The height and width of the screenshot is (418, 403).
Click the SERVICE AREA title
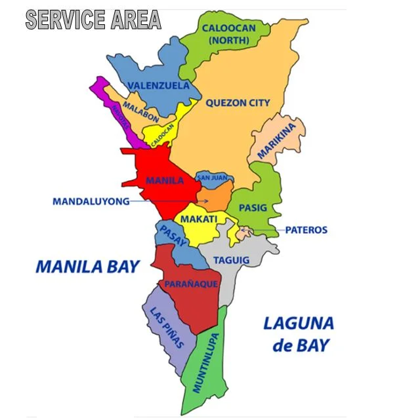pyautogui.click(x=93, y=20)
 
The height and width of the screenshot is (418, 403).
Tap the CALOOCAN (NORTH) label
pyautogui.click(x=225, y=34)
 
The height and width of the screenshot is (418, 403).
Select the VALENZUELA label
pyautogui.click(x=159, y=86)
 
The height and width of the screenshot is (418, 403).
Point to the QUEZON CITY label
pyautogui.click(x=237, y=103)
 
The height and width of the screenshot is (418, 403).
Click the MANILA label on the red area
pyautogui.click(x=165, y=180)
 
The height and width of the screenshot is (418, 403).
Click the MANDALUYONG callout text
pyautogui.click(x=91, y=202)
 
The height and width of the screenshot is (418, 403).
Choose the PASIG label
pyautogui.click(x=253, y=208)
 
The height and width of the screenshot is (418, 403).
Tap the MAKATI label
pyautogui.click(x=199, y=219)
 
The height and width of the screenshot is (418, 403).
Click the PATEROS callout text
pyautogui.click(x=306, y=231)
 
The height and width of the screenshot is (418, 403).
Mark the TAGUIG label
pyautogui.click(x=231, y=260)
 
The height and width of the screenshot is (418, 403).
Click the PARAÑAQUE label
pyautogui.click(x=187, y=284)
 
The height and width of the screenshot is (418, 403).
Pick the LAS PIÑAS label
pyautogui.click(x=167, y=328)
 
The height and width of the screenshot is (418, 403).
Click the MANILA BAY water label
pyautogui.click(x=87, y=267)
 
